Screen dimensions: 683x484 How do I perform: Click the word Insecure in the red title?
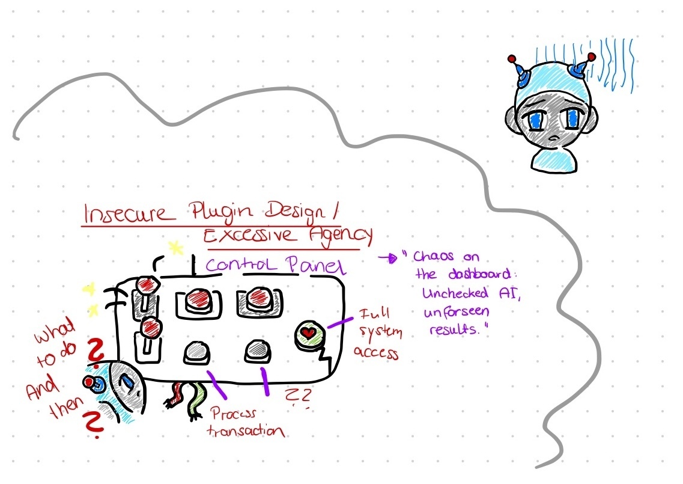click(x=125, y=213)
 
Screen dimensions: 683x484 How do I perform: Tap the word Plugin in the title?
click(x=221, y=212)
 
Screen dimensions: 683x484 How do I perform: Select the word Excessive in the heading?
click(x=249, y=236)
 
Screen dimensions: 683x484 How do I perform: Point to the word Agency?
click(x=341, y=236)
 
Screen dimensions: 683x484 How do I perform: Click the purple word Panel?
click(x=315, y=265)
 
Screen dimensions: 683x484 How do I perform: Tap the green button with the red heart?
click(x=309, y=334)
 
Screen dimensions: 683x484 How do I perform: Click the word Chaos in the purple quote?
click(x=433, y=256)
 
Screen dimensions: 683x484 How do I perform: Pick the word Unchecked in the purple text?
click(x=455, y=293)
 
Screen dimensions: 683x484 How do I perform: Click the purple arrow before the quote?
click(x=388, y=258)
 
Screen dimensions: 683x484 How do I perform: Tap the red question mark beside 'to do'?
click(x=96, y=349)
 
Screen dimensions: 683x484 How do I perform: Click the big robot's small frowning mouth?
click(x=554, y=139)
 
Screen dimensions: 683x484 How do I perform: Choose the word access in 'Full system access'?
click(x=376, y=352)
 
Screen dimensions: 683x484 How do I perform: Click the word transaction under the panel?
click(x=246, y=431)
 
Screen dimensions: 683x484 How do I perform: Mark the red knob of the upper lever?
click(x=147, y=285)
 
